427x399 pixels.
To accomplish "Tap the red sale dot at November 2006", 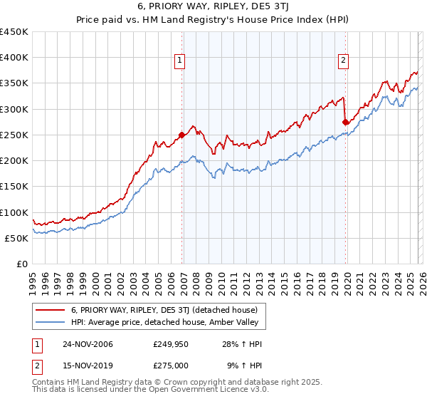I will [181, 135].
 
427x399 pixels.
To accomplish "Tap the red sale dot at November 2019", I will [345, 122].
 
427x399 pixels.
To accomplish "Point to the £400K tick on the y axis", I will [14, 58].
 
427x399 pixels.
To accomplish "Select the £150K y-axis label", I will [14, 187].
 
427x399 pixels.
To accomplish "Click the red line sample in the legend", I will [51, 310].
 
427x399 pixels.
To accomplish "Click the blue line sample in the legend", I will [51, 323].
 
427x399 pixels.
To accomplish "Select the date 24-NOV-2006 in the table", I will [87, 344].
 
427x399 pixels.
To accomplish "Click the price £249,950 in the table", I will [170, 344].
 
